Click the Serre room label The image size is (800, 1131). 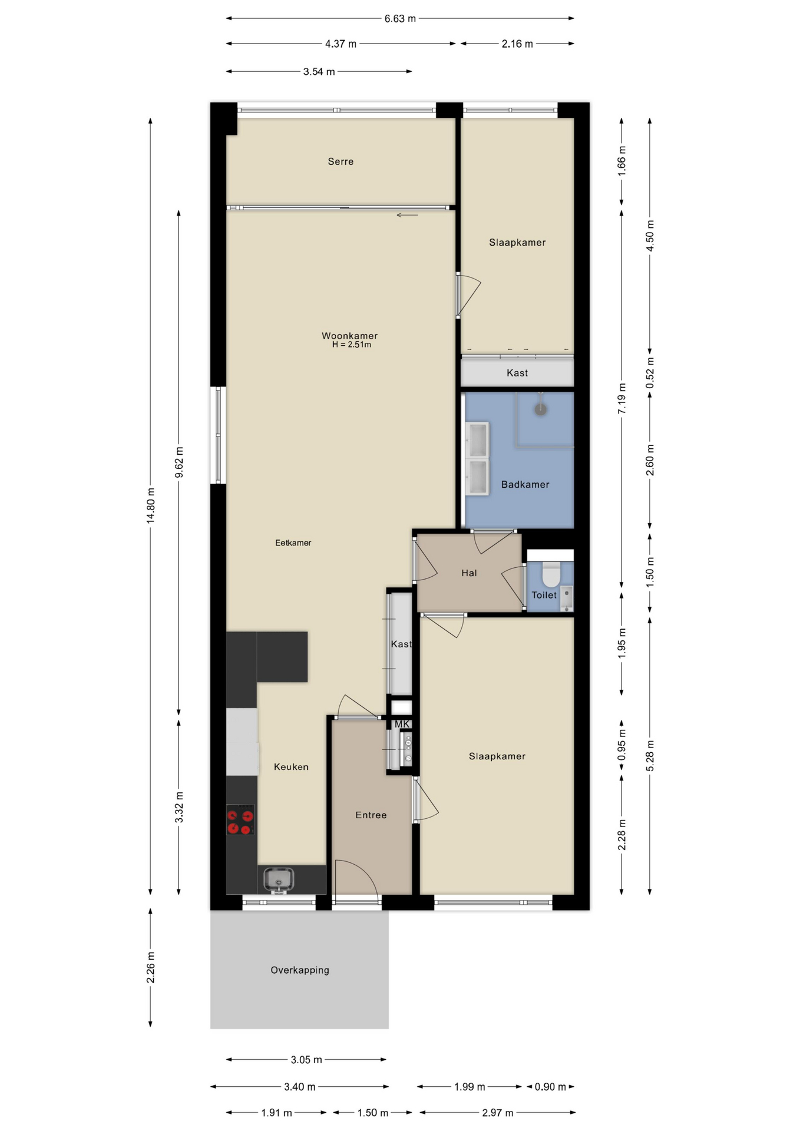[x=341, y=161]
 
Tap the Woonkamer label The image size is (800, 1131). [x=349, y=336]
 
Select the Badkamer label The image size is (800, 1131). [x=525, y=484]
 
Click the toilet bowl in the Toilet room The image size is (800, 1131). [x=551, y=574]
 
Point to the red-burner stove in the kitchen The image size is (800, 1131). [x=240, y=820]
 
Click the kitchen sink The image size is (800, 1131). [x=279, y=879]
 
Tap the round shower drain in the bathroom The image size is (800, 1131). [x=540, y=409]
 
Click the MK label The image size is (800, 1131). [x=402, y=724]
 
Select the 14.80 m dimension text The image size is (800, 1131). [x=151, y=505]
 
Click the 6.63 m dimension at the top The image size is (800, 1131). [x=400, y=18]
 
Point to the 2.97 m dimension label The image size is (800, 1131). [x=497, y=1113]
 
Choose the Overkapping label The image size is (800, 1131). [x=300, y=970]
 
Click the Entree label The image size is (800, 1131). [x=371, y=815]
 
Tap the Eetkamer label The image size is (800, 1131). [x=293, y=543]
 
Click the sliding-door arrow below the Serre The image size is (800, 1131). [x=407, y=215]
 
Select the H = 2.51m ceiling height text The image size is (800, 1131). [x=352, y=345]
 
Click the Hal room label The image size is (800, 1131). [x=469, y=573]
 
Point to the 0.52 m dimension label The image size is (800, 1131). [x=650, y=373]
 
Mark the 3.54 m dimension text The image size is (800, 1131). [x=319, y=72]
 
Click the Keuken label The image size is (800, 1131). [x=291, y=767]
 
